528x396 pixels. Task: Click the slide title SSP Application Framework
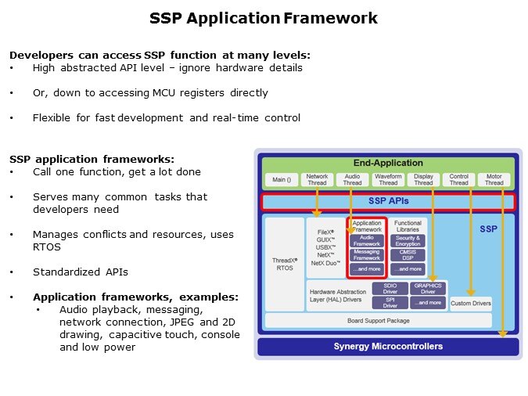point(264,18)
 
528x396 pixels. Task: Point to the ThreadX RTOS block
point(284,264)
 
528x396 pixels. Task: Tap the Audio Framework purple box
point(366,241)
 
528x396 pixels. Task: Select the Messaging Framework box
point(366,255)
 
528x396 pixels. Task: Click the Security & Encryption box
point(408,241)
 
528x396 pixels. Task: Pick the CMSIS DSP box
point(408,255)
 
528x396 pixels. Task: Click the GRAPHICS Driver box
point(429,289)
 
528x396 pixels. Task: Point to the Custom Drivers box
point(471,303)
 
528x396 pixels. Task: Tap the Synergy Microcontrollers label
point(388,346)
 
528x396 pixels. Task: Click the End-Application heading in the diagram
point(387,164)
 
